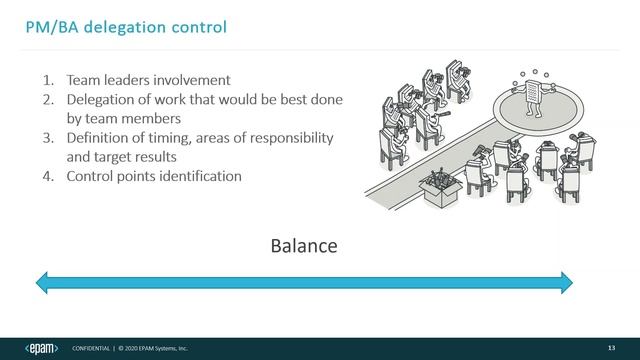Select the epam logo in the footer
(x=40, y=347)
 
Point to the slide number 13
(x=611, y=347)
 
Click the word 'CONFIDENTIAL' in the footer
(x=92, y=348)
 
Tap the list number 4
(x=47, y=176)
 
